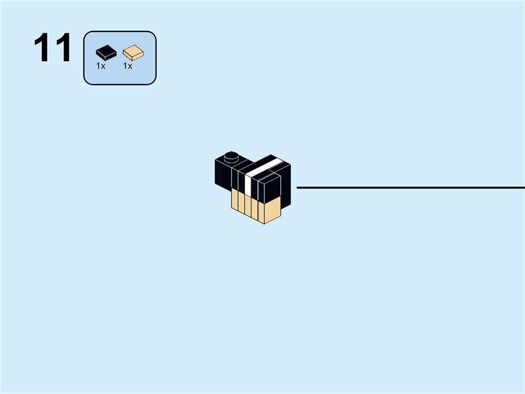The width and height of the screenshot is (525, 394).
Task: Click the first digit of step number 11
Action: [43, 49]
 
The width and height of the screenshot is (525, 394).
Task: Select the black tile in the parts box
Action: [106, 52]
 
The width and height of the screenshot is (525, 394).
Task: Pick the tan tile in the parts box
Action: [133, 52]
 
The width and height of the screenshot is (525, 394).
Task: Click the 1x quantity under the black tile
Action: [101, 66]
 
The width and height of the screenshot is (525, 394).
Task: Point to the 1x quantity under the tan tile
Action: [127, 66]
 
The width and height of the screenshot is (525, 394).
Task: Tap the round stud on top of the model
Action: [230, 156]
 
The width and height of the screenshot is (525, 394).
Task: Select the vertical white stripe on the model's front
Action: [248, 185]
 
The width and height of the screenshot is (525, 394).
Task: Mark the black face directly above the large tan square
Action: [272, 187]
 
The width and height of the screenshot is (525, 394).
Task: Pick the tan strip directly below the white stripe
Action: [248, 205]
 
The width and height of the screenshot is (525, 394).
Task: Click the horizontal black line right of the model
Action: [407, 187]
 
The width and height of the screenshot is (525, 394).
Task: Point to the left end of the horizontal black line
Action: [298, 187]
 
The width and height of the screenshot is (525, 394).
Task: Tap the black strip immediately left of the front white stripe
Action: [241, 182]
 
